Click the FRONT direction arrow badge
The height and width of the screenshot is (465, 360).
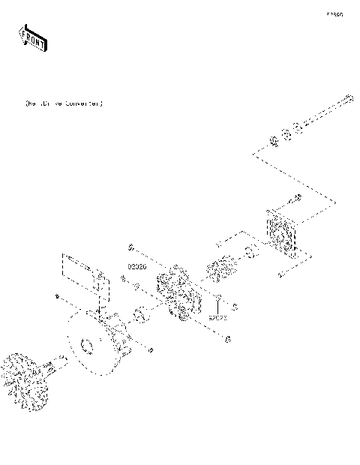point(32,37)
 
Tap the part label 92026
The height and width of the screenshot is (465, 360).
point(136,266)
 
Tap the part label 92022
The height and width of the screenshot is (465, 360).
point(218,318)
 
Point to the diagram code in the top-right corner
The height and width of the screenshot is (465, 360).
point(334,14)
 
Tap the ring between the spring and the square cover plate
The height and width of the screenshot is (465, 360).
point(250,251)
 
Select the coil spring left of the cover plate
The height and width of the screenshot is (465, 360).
point(221,268)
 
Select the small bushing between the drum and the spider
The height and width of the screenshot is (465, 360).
point(141,317)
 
